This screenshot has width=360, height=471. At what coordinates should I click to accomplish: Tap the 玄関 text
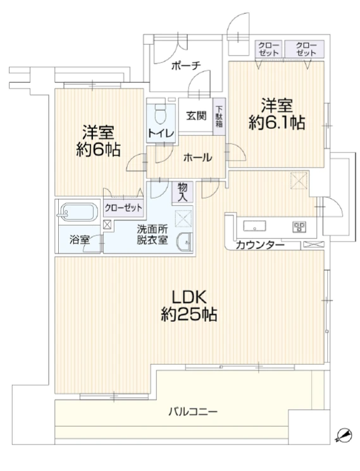point(195,116)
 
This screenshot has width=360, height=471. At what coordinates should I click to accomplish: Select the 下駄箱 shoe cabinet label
point(218,116)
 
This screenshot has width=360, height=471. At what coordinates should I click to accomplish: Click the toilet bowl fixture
point(159,115)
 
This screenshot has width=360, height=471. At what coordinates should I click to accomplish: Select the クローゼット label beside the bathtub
point(123,207)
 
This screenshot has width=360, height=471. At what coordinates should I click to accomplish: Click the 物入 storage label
point(182,192)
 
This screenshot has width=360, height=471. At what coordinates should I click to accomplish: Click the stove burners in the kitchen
point(298,226)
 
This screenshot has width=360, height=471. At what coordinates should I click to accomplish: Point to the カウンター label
point(260,245)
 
